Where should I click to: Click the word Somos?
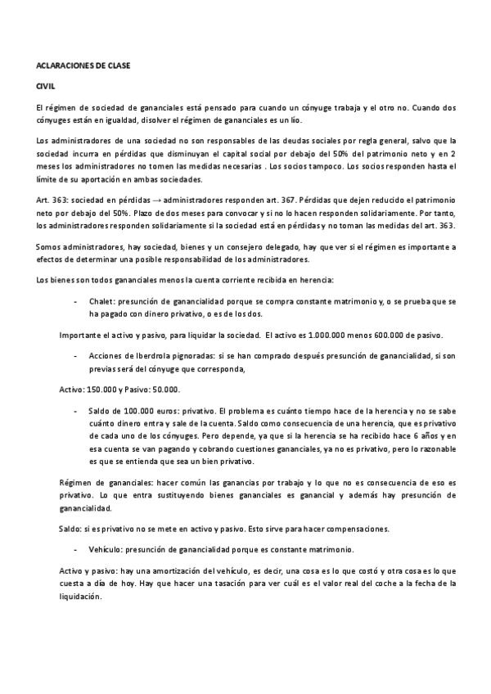pyautogui.click(x=51, y=247)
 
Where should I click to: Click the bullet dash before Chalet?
pyautogui.click(x=99, y=301)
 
